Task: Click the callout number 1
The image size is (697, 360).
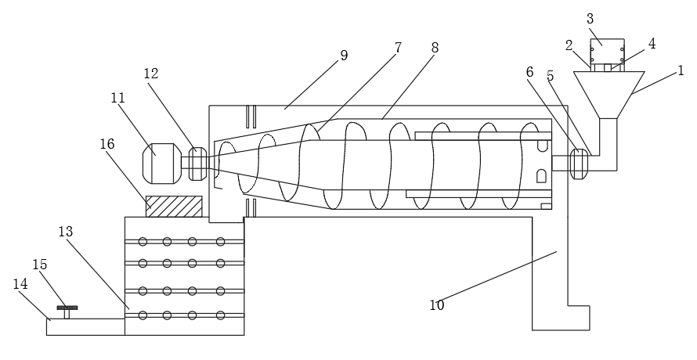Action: click(681, 70)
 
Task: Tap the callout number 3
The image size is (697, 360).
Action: click(590, 19)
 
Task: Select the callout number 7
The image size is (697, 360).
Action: click(398, 48)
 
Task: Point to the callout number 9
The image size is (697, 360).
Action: click(344, 56)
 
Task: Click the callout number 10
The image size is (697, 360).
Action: click(436, 305)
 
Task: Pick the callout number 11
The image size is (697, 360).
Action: click(118, 98)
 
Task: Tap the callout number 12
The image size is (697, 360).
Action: click(151, 74)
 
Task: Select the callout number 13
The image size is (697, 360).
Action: click(65, 232)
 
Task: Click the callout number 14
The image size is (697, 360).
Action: click(20, 283)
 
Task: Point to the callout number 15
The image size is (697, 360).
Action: click(39, 264)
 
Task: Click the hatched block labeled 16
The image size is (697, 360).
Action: click(174, 207)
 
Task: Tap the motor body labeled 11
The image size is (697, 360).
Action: click(162, 162)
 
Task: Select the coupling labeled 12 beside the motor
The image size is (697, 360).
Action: click(197, 163)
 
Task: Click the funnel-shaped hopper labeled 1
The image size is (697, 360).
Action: click(609, 94)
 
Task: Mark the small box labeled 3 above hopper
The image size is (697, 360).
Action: click(607, 52)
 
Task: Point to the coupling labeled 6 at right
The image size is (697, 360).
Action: click(580, 163)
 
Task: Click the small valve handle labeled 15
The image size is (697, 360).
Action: click(67, 309)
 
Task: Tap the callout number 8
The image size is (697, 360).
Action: click(435, 48)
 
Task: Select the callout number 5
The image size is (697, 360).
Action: click(551, 76)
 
